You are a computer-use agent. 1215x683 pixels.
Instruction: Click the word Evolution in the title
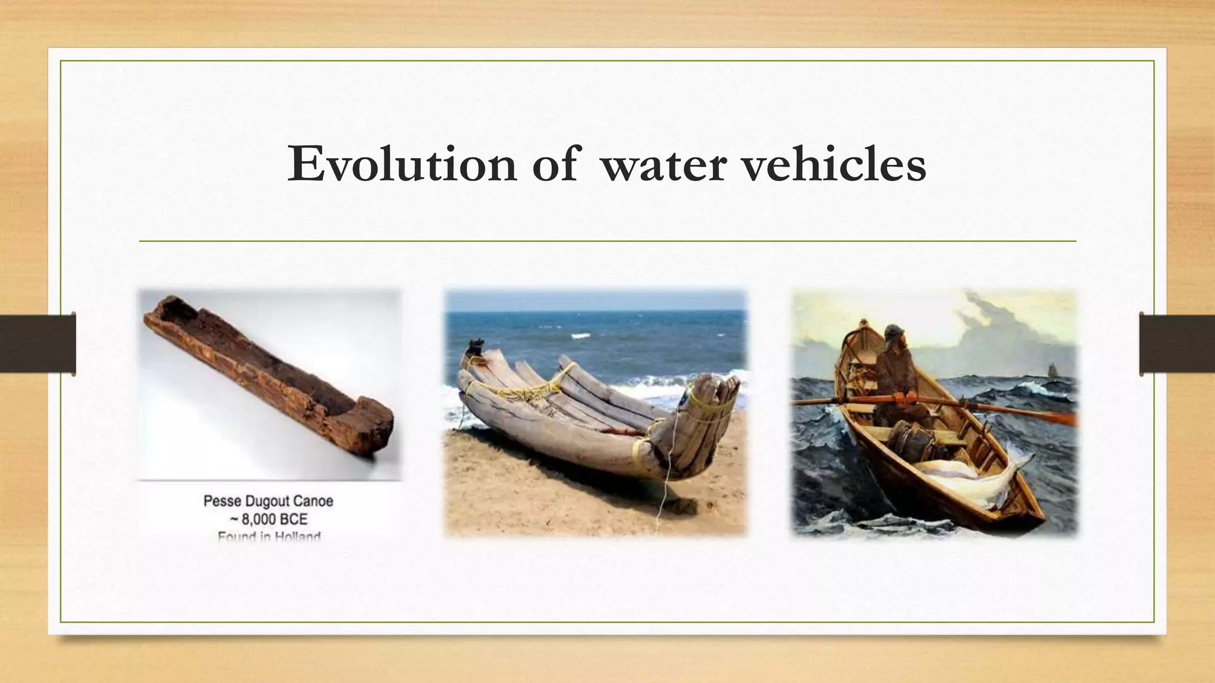402,164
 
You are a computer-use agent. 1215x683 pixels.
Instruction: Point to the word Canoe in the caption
313,501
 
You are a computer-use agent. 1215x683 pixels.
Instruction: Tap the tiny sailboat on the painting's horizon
1052,368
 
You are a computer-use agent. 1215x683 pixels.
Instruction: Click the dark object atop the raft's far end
475,346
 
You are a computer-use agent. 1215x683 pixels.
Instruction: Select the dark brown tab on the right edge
1177,344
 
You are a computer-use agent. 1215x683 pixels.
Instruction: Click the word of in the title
554,164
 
